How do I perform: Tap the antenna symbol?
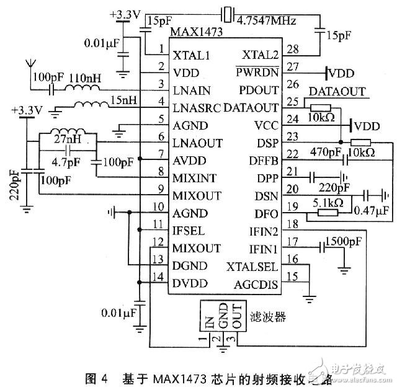[x=29, y=65]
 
